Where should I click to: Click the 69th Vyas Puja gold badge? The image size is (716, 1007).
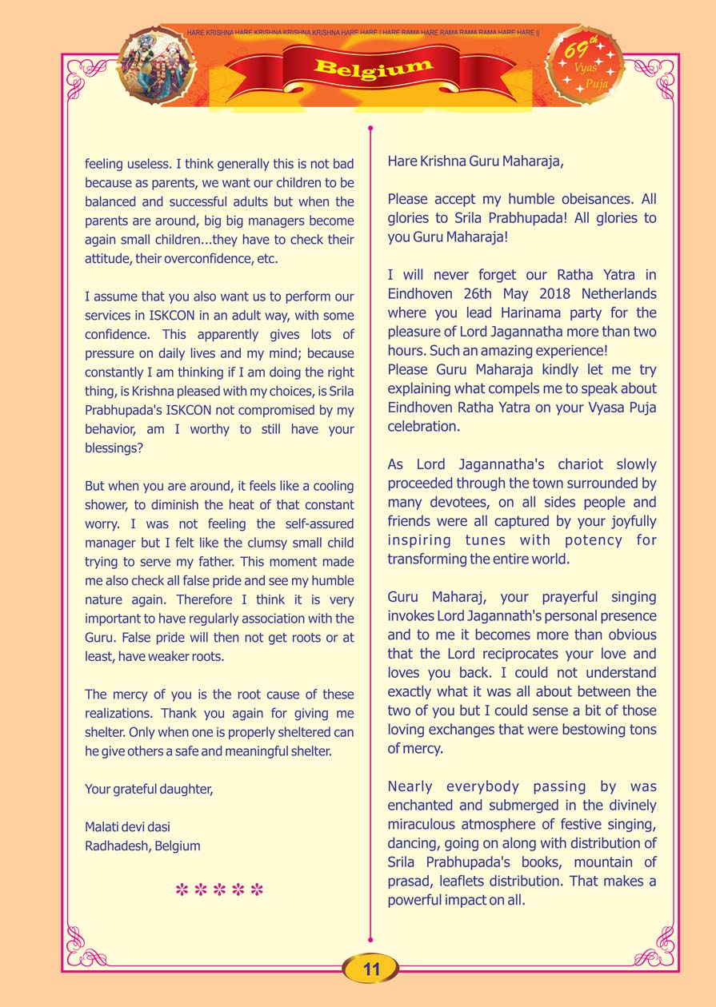click(585, 66)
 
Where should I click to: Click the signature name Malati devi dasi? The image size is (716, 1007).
click(127, 826)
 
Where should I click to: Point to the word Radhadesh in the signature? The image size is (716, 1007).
click(114, 846)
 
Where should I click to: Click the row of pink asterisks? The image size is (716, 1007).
click(219, 890)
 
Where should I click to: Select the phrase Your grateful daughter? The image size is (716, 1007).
click(149, 790)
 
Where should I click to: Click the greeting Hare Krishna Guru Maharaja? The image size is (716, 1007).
click(476, 161)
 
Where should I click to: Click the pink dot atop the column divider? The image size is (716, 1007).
click(370, 127)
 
